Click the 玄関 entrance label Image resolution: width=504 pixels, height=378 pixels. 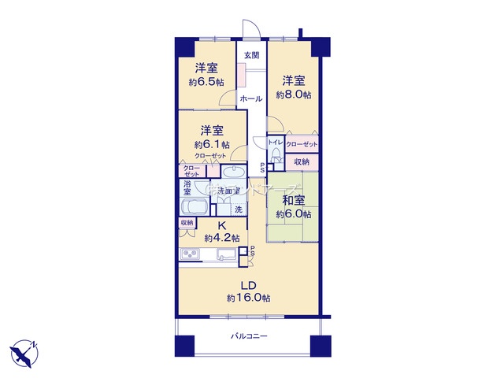click(250, 55)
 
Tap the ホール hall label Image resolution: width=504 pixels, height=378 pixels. click(250, 99)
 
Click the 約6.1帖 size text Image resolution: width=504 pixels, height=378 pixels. click(212, 144)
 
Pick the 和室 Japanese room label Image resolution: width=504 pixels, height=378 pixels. click(293, 199)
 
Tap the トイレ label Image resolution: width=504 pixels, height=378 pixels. click(275, 143)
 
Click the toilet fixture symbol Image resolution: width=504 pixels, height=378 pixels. click(275, 157)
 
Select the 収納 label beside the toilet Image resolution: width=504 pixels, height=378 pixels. click(302, 161)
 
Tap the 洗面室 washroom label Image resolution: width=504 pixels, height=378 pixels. click(228, 191)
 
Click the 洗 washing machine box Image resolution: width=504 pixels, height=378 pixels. click(239, 209)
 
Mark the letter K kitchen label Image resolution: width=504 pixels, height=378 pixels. click(212, 225)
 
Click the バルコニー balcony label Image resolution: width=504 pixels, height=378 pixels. click(249, 336)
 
